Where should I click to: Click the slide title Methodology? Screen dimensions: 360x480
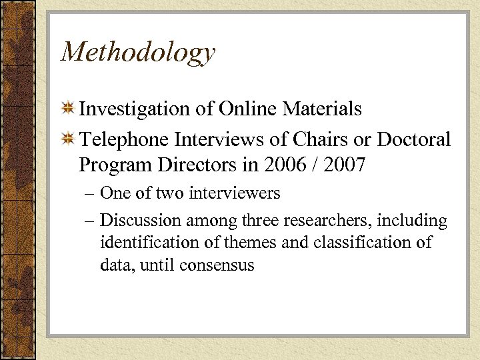click(138, 53)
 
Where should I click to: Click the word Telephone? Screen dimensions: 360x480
click(124, 140)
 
